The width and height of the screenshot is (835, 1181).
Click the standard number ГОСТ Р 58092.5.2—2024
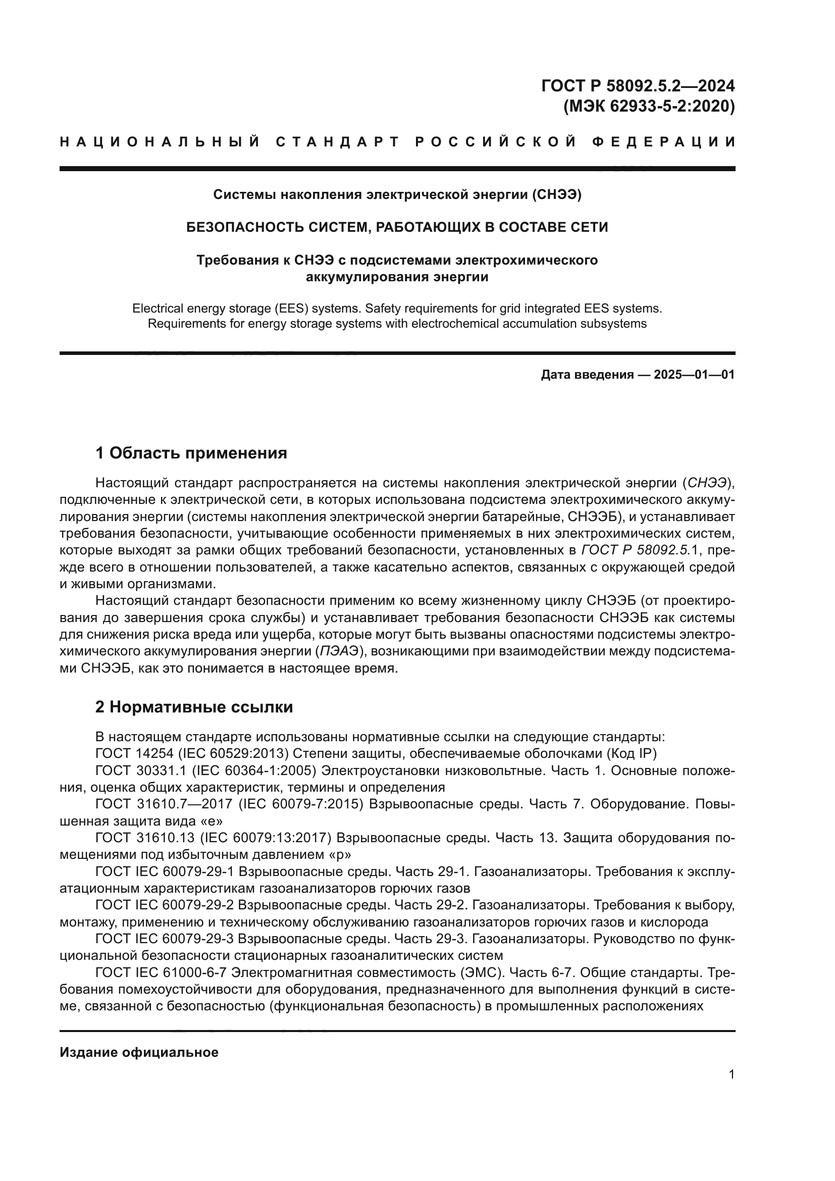coord(638,85)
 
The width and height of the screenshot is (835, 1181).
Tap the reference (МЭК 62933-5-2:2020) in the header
coord(649,106)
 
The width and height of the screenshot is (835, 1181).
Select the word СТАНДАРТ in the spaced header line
coord(337,142)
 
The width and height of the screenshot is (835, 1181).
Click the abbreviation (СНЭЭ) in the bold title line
coord(557,194)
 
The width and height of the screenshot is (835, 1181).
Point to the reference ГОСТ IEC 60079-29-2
coord(165,905)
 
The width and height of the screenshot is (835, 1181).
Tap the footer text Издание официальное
coord(139,1052)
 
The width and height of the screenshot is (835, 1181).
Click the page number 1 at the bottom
coord(731,1074)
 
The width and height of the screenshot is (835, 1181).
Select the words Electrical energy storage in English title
coord(194,309)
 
